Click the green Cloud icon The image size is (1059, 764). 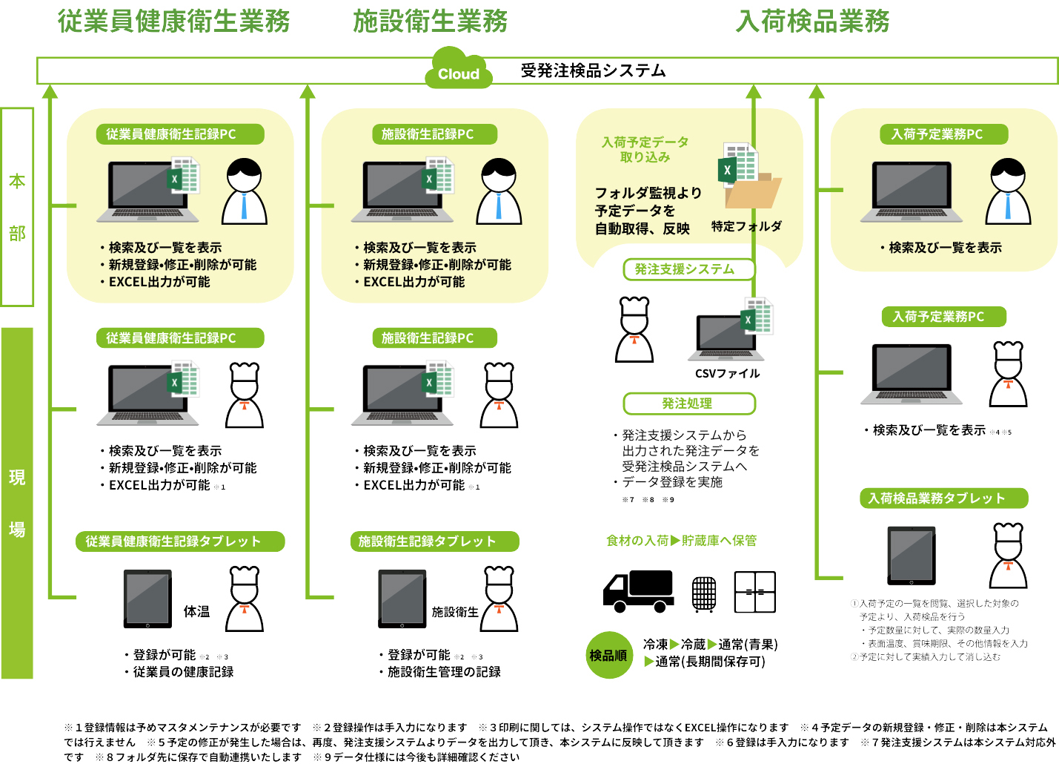[459, 69]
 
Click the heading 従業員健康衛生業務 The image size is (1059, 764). [174, 21]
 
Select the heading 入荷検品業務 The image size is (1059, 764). [813, 21]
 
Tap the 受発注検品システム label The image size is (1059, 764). [593, 70]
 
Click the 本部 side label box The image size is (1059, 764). [17, 207]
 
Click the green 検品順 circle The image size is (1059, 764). [608, 655]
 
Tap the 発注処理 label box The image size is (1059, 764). [689, 404]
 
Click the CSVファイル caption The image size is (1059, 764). [727, 373]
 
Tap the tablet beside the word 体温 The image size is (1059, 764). [147, 599]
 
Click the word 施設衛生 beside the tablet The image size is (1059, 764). [455, 612]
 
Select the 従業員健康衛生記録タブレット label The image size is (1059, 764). [180, 541]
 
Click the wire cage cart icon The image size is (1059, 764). [704, 593]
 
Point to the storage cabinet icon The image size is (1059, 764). [754, 592]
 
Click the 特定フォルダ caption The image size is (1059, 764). [746, 226]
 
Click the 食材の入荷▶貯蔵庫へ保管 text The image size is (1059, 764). [681, 541]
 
